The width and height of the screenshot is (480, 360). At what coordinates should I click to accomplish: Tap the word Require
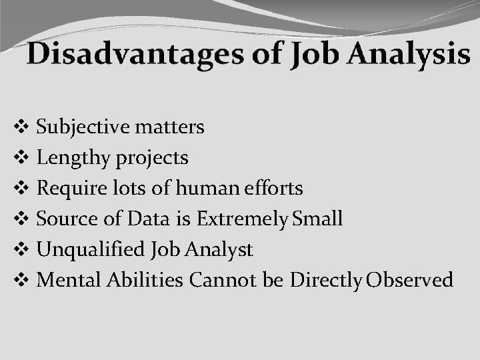coord(69,189)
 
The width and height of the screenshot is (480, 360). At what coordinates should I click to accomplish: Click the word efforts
coord(273,189)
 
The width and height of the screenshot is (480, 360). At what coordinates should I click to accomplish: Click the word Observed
coord(410,280)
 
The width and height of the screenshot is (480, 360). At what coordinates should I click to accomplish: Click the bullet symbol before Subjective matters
coord(20,127)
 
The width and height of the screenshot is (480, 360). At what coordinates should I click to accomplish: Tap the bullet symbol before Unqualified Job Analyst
coord(20,250)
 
